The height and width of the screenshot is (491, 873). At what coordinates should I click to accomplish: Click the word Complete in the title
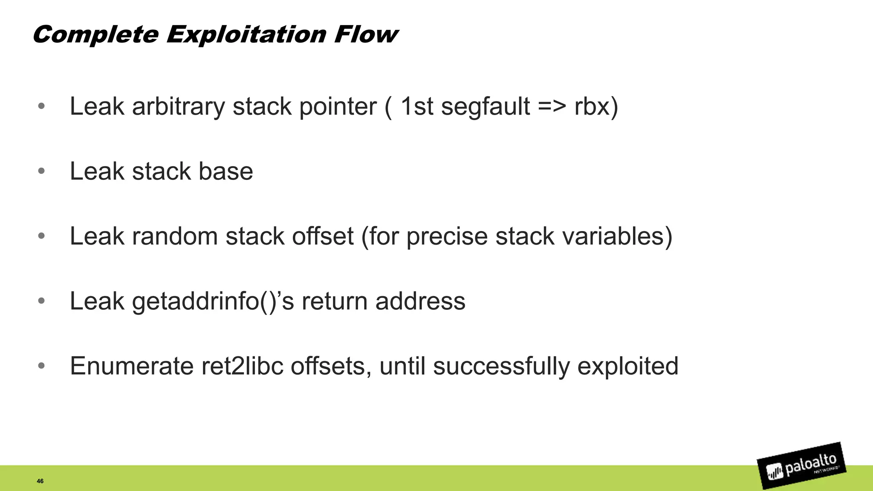click(95, 34)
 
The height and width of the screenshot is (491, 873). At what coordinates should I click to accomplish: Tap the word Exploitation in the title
click(246, 34)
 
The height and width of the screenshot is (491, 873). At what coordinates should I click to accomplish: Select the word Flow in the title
click(366, 34)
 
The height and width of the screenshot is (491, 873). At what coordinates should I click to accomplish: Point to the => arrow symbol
click(552, 106)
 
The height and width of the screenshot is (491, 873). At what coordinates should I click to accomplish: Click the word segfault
click(485, 106)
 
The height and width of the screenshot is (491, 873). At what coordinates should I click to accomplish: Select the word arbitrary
click(178, 106)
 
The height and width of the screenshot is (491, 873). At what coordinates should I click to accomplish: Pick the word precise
click(447, 236)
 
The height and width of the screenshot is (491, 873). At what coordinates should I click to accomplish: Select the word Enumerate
click(132, 366)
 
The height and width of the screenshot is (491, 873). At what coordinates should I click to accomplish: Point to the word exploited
click(627, 366)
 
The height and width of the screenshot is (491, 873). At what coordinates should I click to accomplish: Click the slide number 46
click(40, 481)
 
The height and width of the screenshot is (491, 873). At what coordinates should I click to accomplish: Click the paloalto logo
click(801, 465)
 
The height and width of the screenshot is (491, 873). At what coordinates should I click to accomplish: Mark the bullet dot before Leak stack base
click(41, 171)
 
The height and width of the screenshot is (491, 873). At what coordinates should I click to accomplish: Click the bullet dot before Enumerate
click(41, 366)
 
